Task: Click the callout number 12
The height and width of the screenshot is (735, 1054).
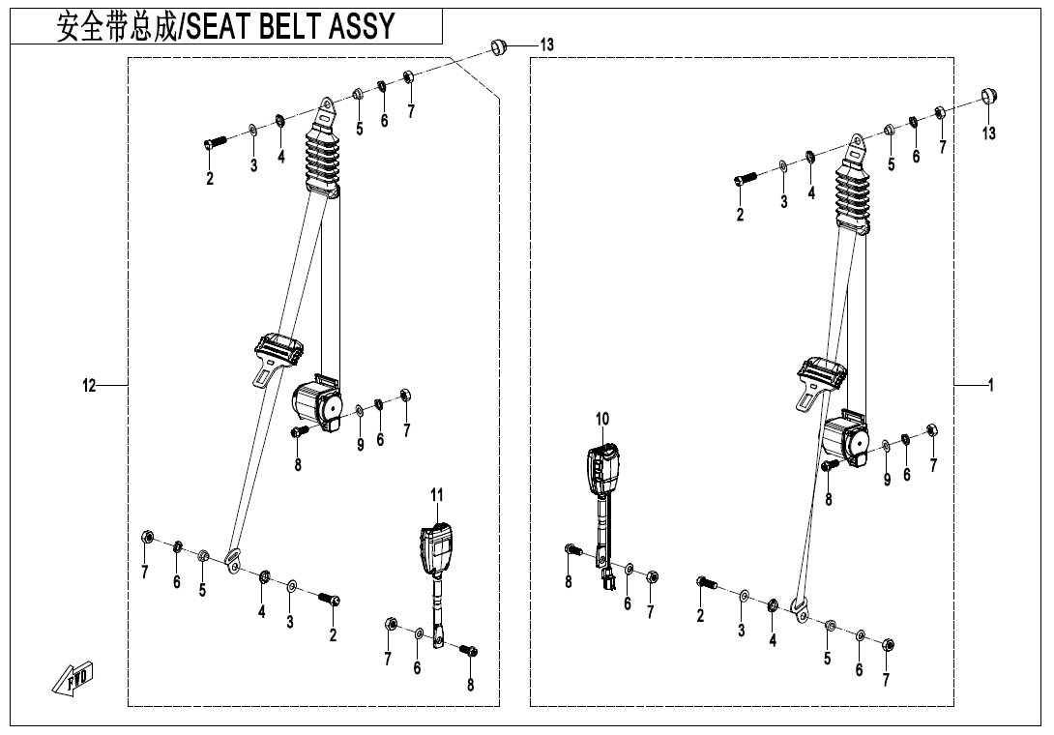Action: tap(89, 386)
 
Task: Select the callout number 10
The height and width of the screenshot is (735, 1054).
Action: tap(602, 419)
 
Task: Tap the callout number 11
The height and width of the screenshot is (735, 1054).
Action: tap(437, 495)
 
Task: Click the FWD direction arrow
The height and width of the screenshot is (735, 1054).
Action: tap(73, 677)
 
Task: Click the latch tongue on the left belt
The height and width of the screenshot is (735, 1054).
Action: tap(277, 357)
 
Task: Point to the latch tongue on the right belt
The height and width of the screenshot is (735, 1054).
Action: tap(821, 382)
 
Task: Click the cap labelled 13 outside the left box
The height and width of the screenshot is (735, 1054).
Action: tap(498, 47)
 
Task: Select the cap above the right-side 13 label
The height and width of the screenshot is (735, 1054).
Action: tap(988, 96)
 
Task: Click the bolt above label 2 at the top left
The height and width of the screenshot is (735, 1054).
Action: tap(215, 142)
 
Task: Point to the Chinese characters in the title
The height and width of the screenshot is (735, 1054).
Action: tap(116, 26)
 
